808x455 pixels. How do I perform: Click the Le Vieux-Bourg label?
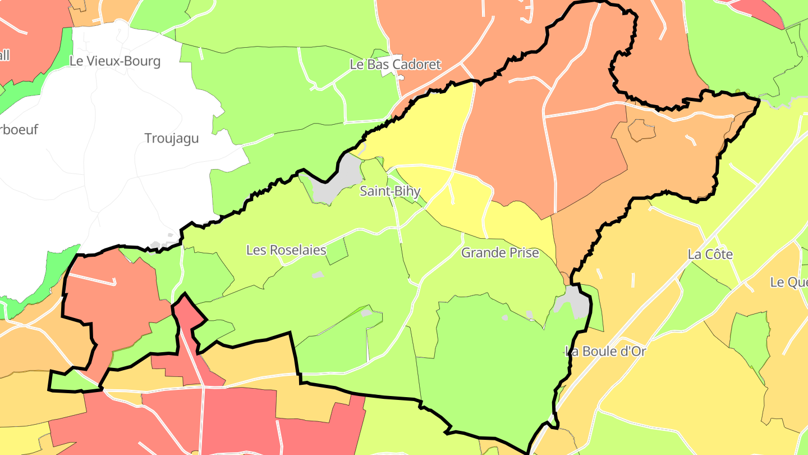click(115, 61)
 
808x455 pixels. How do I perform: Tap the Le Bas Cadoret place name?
click(396, 65)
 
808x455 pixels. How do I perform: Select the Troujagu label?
click(172, 138)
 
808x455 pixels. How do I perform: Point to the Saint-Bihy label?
click(390, 191)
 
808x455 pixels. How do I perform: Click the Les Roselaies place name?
click(286, 250)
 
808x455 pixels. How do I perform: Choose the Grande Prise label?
click(500, 253)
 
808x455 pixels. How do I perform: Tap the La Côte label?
click(710, 254)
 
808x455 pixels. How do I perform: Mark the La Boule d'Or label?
click(606, 352)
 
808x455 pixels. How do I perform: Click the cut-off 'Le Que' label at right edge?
click(789, 282)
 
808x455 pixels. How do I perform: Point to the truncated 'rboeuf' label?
click(19, 130)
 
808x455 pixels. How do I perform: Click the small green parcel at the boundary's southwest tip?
click(73, 381)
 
